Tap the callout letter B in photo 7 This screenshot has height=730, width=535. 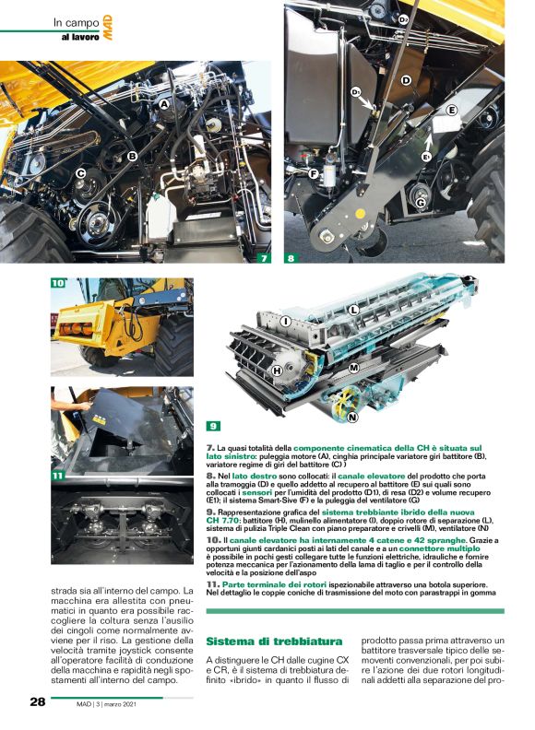[133, 156]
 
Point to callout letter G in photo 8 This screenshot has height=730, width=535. [421, 202]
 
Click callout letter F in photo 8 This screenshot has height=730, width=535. [315, 172]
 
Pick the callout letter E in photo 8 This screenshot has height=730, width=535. [452, 110]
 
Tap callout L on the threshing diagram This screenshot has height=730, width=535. [353, 311]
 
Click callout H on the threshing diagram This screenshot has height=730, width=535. [277, 370]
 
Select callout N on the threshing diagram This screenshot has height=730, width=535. [353, 417]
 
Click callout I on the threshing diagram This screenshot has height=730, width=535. [286, 321]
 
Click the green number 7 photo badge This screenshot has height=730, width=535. [263, 258]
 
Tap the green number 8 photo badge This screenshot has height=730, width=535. [293, 258]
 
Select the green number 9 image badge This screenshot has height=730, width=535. [213, 426]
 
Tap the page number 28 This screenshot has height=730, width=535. [38, 701]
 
